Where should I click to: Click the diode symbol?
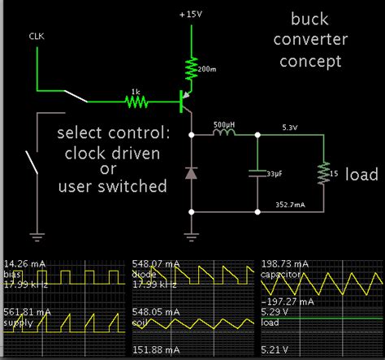pyautogui.click(x=192, y=173)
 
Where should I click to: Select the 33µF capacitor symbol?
pyautogui.click(x=257, y=173)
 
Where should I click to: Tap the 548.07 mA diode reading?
pyautogui.click(x=154, y=264)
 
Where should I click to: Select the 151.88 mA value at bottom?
pyautogui.click(x=154, y=351)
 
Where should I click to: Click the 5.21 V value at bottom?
pyautogui.click(x=275, y=351)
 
